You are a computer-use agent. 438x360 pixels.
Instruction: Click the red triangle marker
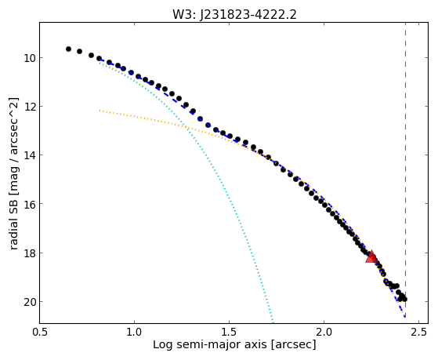[371, 256]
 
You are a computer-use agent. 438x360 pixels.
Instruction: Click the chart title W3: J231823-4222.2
[234, 14]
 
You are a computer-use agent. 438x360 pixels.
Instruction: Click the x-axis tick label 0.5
[39, 332]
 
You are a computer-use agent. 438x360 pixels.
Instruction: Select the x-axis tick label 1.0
[134, 332]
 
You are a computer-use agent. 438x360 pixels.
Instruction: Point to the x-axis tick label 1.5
[229, 332]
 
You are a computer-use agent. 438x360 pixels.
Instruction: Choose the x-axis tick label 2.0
[324, 332]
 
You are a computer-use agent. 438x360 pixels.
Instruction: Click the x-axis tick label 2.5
[418, 332]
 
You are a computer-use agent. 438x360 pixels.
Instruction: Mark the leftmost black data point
[68, 49]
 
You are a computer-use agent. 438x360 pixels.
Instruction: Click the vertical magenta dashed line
[405, 170]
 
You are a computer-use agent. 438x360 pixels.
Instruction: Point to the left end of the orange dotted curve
[100, 111]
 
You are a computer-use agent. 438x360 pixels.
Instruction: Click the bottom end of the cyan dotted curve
[273, 322]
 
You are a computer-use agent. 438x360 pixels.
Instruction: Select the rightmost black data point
[404, 299]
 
